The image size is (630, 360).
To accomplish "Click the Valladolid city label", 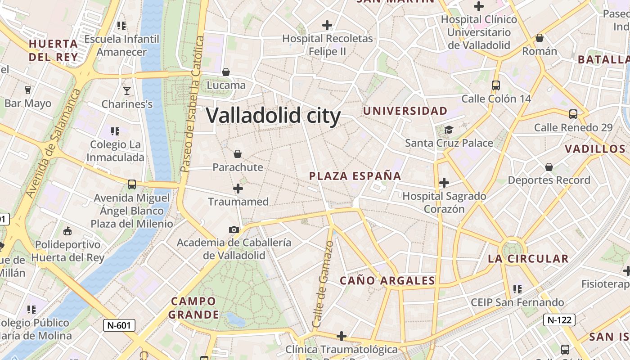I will tap(273, 116).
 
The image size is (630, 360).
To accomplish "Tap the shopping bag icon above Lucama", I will tap(226, 72).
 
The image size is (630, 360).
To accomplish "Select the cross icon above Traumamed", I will tap(238, 188).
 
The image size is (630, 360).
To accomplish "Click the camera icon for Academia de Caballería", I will tap(234, 229).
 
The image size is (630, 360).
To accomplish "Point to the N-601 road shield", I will tap(119, 325).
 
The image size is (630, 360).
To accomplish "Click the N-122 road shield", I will tap(559, 320).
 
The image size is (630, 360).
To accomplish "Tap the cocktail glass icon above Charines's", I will tap(127, 90).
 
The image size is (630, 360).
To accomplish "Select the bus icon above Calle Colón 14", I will tap(496, 85).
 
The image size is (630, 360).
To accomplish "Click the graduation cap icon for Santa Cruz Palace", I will tap(449, 130).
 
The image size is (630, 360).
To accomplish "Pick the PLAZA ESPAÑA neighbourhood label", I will tap(355, 176).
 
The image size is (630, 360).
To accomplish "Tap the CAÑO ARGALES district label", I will tap(387, 281).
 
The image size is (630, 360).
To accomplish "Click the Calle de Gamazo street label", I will tap(324, 284).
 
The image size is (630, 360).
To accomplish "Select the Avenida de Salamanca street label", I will tap(53, 143).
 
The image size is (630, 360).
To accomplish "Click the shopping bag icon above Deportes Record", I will tap(549, 167).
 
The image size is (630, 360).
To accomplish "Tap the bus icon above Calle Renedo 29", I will tap(573, 114).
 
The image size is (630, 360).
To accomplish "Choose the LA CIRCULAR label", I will tap(528, 259).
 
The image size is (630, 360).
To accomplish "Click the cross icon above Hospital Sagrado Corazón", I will tap(444, 183).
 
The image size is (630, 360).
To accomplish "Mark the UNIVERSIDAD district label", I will tap(405, 111).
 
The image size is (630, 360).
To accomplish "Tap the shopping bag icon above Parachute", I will tap(238, 154).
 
